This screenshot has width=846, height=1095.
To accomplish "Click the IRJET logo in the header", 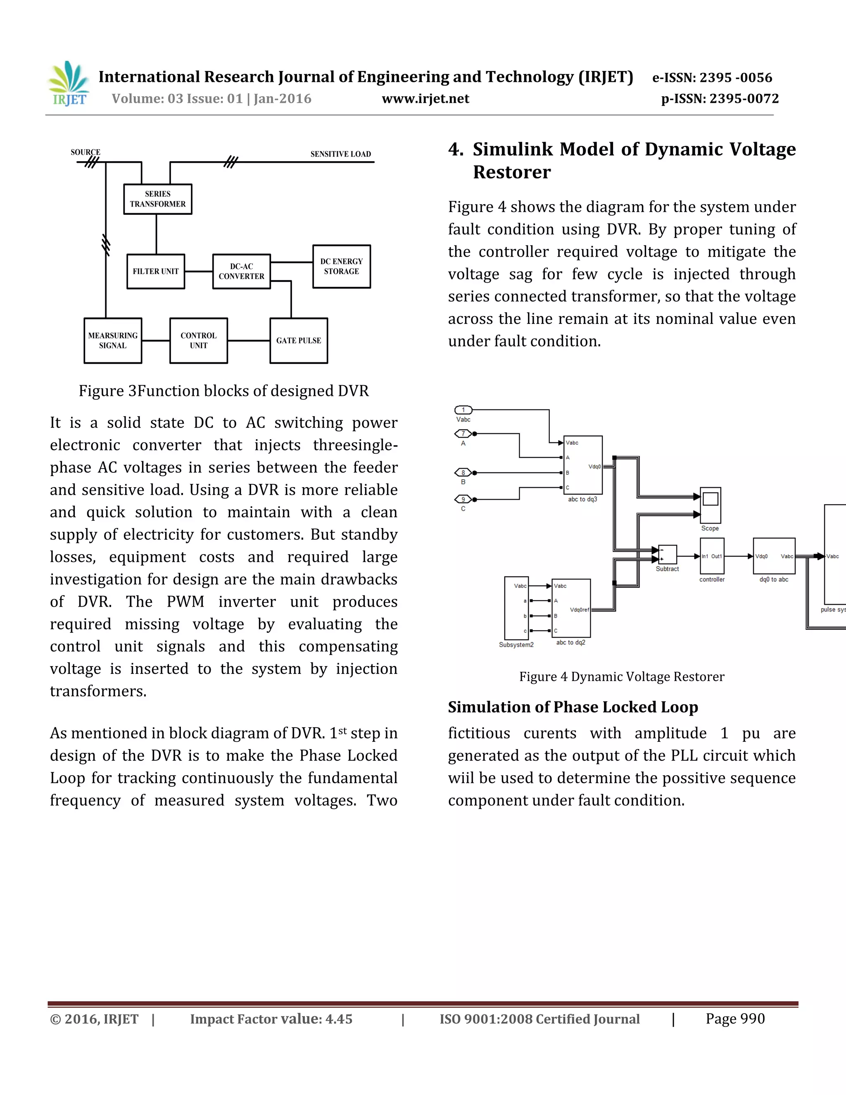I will (x=69, y=84).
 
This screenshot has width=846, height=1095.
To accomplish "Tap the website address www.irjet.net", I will (x=425, y=99).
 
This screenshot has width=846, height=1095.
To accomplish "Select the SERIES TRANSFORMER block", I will (x=157, y=199).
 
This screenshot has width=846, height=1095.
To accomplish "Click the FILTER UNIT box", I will (x=155, y=271).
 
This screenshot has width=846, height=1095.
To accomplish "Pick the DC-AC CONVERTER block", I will (x=241, y=271).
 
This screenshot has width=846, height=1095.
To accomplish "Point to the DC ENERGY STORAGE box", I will (x=341, y=266).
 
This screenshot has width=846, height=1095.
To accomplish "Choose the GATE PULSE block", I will (x=298, y=340).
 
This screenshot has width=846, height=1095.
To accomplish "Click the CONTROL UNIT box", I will (x=198, y=340).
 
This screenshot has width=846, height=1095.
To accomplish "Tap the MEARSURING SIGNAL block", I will (x=113, y=340).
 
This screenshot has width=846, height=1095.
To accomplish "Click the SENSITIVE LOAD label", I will (x=340, y=154).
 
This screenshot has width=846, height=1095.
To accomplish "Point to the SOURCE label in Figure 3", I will (x=85, y=152).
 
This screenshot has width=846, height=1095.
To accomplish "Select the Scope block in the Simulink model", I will (x=710, y=505).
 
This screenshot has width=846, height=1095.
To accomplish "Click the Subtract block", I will (x=667, y=555).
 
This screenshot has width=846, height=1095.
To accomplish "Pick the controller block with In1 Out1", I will (x=712, y=556).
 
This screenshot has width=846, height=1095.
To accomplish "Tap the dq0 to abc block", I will (x=774, y=556).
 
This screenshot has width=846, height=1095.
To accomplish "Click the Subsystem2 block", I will (x=516, y=608).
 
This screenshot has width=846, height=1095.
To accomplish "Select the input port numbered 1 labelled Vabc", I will (x=463, y=410).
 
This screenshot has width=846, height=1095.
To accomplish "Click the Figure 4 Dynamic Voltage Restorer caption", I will (x=621, y=677).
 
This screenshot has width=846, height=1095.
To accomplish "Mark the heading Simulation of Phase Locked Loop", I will (x=573, y=707).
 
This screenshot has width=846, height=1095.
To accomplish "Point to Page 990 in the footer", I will (x=735, y=1019).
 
